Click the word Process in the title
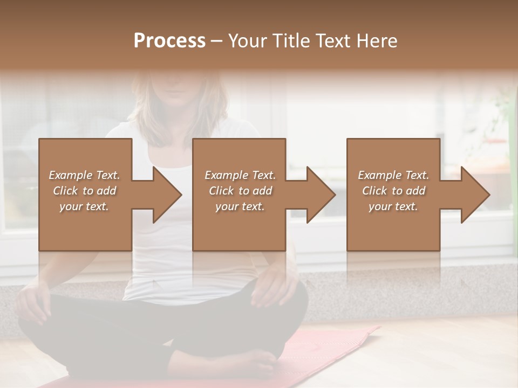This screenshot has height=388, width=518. tap(169, 41)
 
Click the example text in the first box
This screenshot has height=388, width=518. tap(85, 191)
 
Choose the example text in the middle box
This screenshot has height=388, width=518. tap(240, 191)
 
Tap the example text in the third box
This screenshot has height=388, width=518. tap(393, 191)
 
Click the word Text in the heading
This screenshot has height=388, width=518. tap(335, 41)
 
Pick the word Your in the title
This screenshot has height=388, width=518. tap(248, 41)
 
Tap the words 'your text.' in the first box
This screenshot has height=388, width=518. tap(85, 206)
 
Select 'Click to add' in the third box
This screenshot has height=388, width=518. tap(393, 191)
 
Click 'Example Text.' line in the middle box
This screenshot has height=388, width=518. tap(240, 175)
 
